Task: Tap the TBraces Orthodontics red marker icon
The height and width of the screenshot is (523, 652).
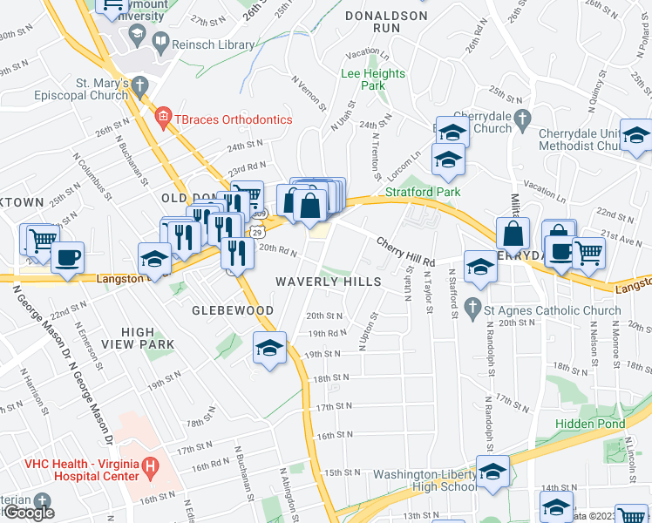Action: pyautogui.click(x=162, y=118)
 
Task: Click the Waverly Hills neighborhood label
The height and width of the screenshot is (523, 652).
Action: pyautogui.click(x=329, y=282)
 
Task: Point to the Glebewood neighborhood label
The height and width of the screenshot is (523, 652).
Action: pyautogui.click(x=234, y=310)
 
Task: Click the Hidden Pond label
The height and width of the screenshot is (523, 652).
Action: pyautogui.click(x=590, y=424)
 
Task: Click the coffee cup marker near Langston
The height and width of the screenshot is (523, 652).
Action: pyautogui.click(x=67, y=257)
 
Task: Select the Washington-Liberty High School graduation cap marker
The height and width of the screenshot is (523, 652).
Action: pyautogui.click(x=493, y=471)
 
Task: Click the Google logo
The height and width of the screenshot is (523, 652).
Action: pyautogui.click(x=29, y=513)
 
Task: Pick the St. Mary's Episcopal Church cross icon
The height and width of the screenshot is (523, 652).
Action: pyautogui.click(x=139, y=84)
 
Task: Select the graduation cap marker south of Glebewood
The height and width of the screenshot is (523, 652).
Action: pyautogui.click(x=270, y=348)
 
